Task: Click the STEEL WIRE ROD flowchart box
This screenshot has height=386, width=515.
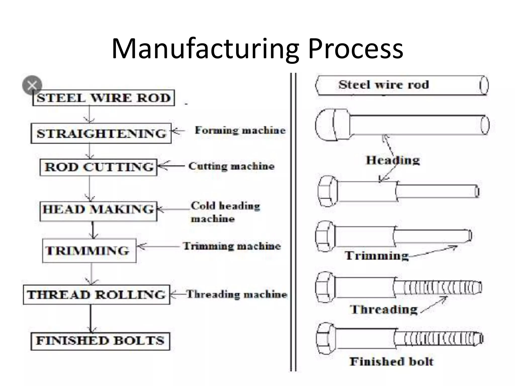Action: (x=104, y=98)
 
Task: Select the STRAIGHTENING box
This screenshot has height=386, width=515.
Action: (x=101, y=133)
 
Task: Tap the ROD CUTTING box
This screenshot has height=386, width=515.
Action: (x=99, y=167)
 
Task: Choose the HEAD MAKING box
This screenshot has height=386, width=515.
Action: (x=98, y=209)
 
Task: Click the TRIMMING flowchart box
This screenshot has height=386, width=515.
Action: (x=89, y=251)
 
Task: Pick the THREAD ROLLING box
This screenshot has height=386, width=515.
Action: (x=97, y=295)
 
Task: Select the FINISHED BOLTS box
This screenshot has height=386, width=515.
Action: (x=100, y=341)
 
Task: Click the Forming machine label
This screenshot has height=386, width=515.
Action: (x=240, y=130)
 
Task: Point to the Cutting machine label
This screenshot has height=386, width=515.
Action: (x=231, y=166)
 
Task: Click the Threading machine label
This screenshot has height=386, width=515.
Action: (x=237, y=294)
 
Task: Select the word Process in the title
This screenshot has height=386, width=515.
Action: (x=355, y=49)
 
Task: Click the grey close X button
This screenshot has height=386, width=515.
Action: (x=32, y=85)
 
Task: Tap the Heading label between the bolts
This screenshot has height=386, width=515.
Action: (x=393, y=160)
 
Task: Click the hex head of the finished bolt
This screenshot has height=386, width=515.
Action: (x=326, y=339)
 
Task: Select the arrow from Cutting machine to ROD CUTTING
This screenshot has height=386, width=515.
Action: (x=171, y=166)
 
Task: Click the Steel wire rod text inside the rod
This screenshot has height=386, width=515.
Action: (x=383, y=85)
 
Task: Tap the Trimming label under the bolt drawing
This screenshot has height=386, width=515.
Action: (x=376, y=256)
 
